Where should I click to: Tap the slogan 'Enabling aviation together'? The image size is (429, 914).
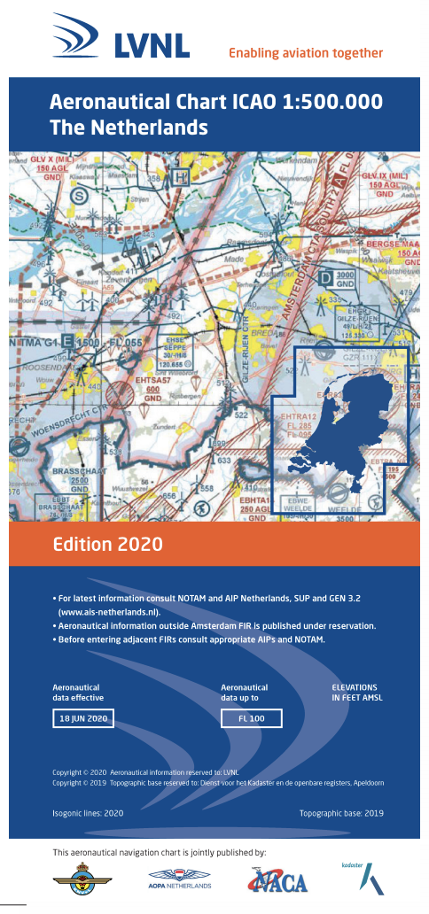[306, 53]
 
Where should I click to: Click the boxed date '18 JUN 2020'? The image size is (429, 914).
[82, 718]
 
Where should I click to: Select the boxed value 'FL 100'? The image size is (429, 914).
[251, 718]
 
